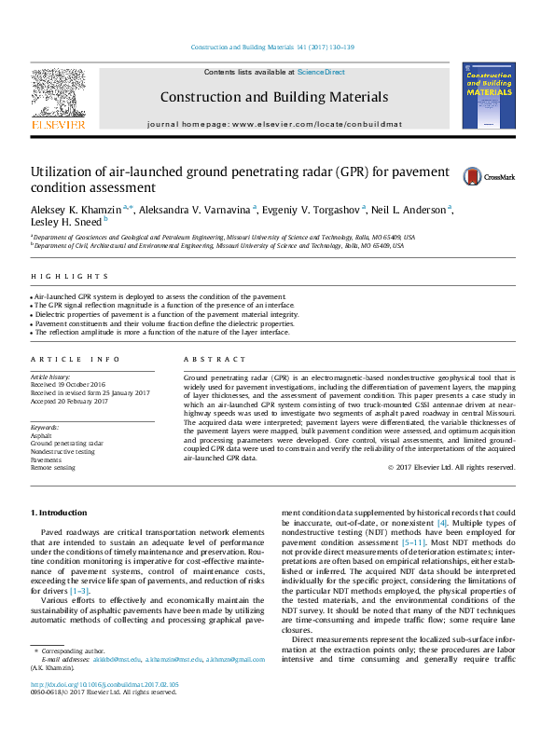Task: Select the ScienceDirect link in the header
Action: point(321,72)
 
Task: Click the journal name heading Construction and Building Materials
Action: point(274,97)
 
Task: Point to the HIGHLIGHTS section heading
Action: point(70,277)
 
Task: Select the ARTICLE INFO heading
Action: point(76,360)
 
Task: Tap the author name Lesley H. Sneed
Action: point(66,221)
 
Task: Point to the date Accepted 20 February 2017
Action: point(69,401)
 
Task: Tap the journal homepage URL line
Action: point(274,123)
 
